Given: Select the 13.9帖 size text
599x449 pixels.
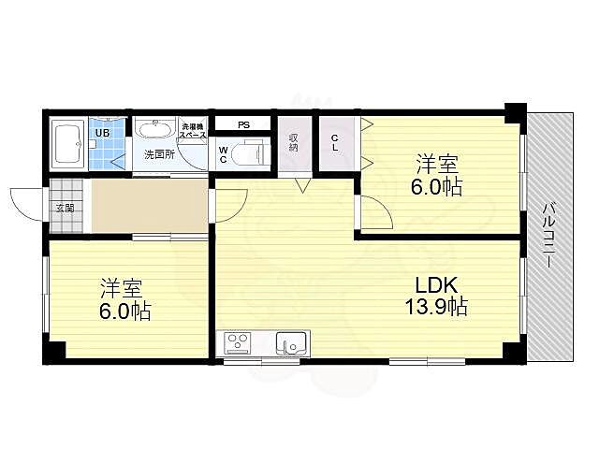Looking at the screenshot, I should coord(436,306).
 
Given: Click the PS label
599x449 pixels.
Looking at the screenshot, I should coord(242,124).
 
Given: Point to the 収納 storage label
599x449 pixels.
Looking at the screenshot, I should coord(293,143).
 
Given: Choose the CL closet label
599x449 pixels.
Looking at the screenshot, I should coord(335,142).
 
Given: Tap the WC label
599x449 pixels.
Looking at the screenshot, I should coord(224,152).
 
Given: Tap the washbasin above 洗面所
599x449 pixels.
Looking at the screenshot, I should coord(153,129).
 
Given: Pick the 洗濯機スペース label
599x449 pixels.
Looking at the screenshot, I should coord(193,131).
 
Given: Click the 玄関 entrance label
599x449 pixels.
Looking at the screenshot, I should coord(64,208).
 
